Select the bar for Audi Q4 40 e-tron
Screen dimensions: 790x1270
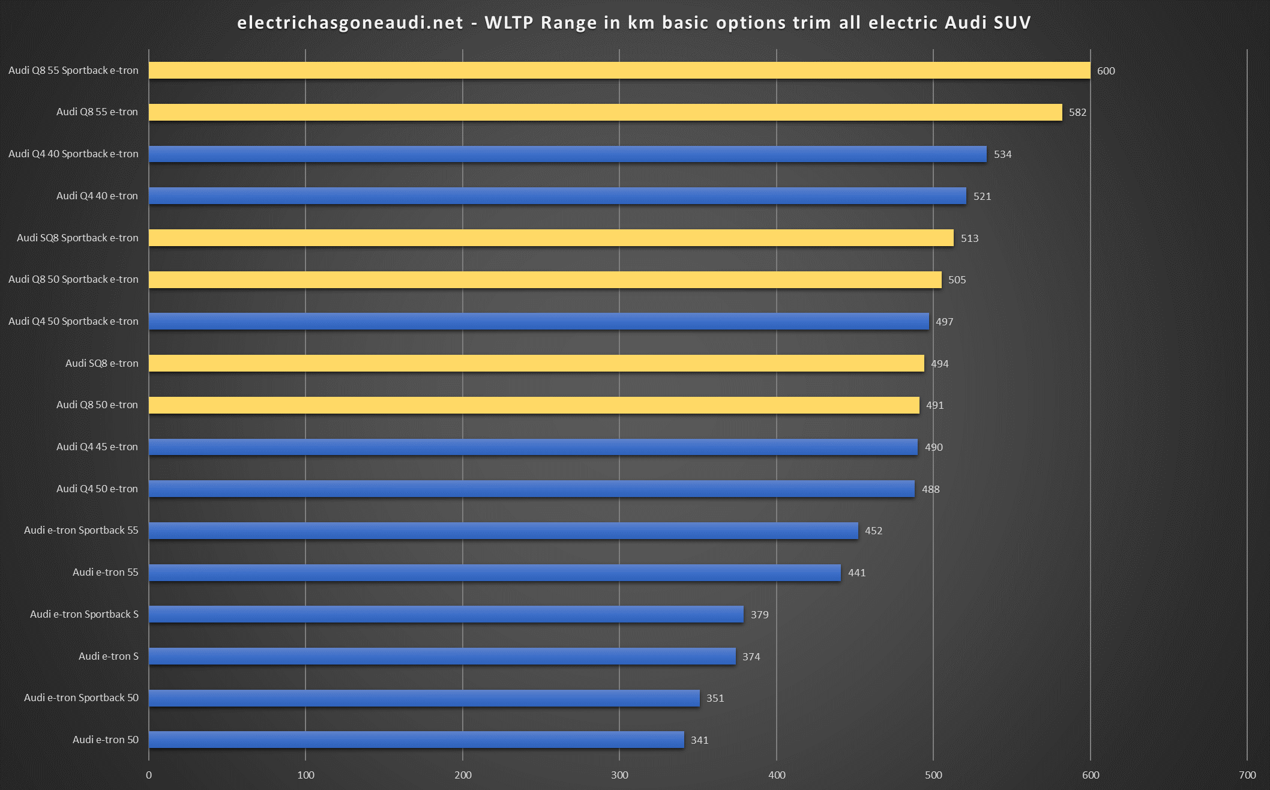pyautogui.click(x=558, y=196)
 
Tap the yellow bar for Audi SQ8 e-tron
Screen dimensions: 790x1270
pyautogui.click(x=537, y=363)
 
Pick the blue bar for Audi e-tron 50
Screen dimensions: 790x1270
pyautogui.click(x=417, y=740)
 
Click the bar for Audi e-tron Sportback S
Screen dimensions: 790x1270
pyautogui.click(x=446, y=614)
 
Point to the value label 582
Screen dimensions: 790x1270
pyautogui.click(x=1077, y=112)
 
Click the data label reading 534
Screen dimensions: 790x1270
pyautogui.click(x=1002, y=154)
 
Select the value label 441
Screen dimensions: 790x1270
pyautogui.click(x=856, y=573)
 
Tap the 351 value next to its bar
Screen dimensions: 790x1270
pyautogui.click(x=715, y=698)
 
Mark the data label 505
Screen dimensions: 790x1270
pyautogui.click(x=957, y=280)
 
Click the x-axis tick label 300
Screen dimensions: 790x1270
pyautogui.click(x=619, y=775)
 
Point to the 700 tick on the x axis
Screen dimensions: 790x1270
pyautogui.click(x=1247, y=775)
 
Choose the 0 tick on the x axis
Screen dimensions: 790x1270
pyautogui.click(x=149, y=775)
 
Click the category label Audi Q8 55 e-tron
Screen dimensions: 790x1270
pyautogui.click(x=97, y=112)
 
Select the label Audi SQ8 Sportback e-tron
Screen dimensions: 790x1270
pyautogui.click(x=77, y=238)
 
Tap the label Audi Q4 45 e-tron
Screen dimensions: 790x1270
pyautogui.click(x=97, y=447)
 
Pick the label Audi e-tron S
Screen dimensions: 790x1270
pyautogui.click(x=109, y=656)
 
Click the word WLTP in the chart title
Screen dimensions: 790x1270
pyautogui.click(x=509, y=23)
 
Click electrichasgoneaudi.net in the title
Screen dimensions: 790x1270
pyautogui.click(x=350, y=23)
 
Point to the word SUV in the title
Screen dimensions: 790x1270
pyautogui.click(x=1012, y=23)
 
